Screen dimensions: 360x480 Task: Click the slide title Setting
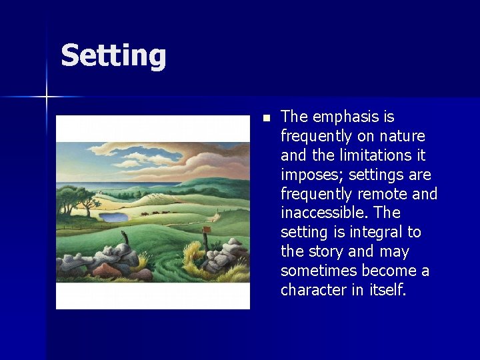tap(113, 55)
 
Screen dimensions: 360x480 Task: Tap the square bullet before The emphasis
tap(266, 118)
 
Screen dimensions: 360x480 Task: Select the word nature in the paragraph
tap(401, 137)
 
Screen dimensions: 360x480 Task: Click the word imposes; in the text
tap(309, 175)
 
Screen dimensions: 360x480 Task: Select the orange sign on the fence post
tap(207, 229)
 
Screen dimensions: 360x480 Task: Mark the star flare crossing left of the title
tap(47, 97)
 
